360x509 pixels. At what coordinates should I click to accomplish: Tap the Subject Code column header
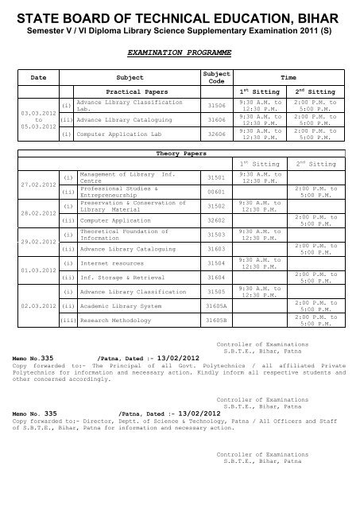point(206,79)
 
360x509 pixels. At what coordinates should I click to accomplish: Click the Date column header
point(37,79)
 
